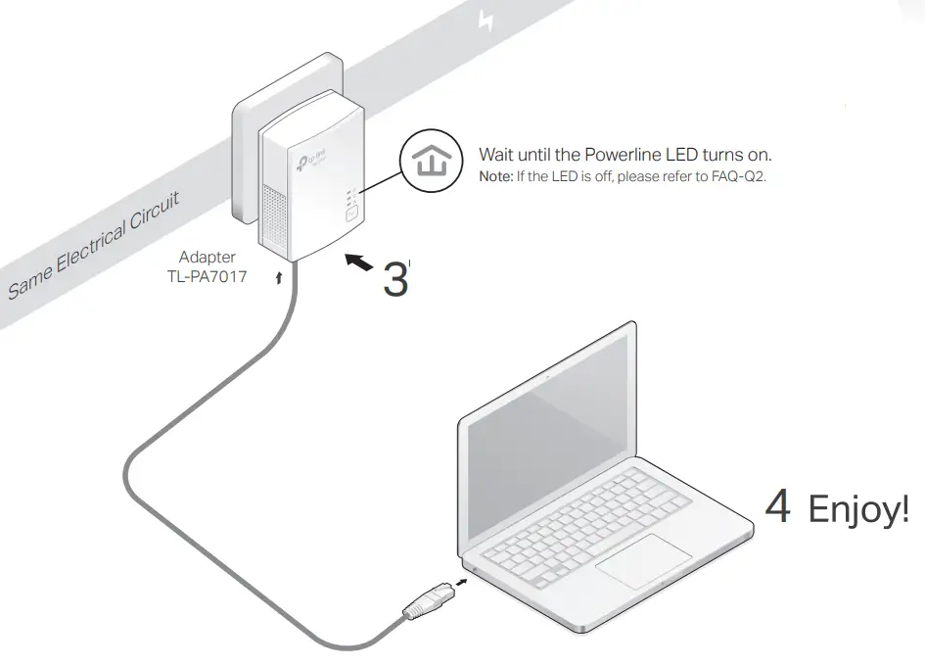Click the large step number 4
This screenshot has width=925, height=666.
[777, 507]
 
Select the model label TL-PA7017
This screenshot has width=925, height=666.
[207, 277]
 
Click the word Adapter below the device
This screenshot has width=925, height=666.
[207, 258]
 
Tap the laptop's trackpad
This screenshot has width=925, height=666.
[645, 563]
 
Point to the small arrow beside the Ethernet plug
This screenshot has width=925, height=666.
[460, 585]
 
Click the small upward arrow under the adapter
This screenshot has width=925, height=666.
[282, 278]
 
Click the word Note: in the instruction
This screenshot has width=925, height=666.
[496, 177]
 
